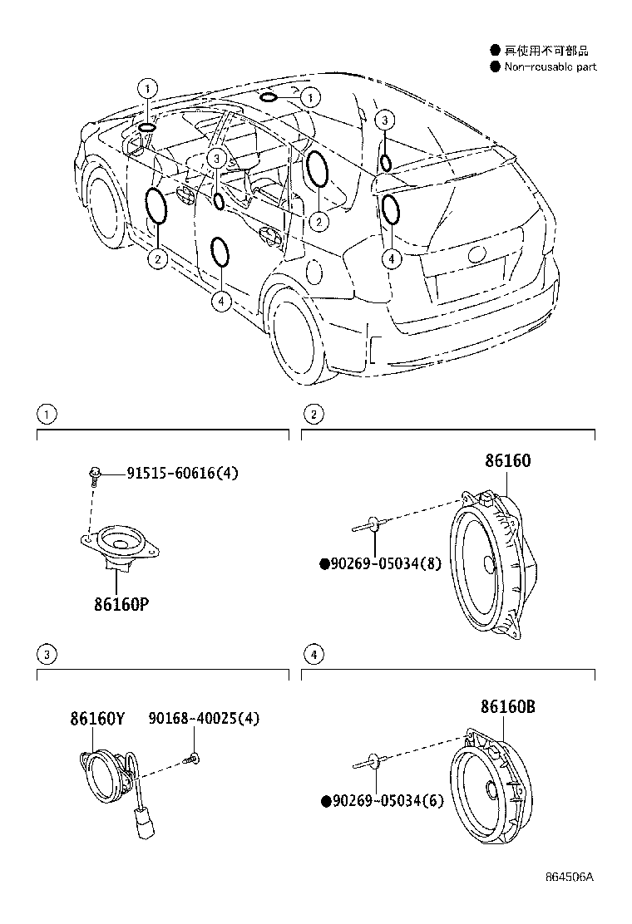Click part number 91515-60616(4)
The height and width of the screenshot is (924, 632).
coord(182,474)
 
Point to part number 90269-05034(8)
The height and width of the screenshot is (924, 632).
coord(381,564)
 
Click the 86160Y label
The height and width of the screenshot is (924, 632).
coord(96,718)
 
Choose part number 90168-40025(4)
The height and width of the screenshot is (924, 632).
coord(204,718)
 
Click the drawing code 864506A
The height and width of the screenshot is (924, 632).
coord(574,900)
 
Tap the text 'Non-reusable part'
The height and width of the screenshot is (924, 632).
coord(550,67)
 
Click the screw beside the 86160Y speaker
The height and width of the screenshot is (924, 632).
coord(195,757)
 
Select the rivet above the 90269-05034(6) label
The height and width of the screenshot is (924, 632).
coord(374,759)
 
